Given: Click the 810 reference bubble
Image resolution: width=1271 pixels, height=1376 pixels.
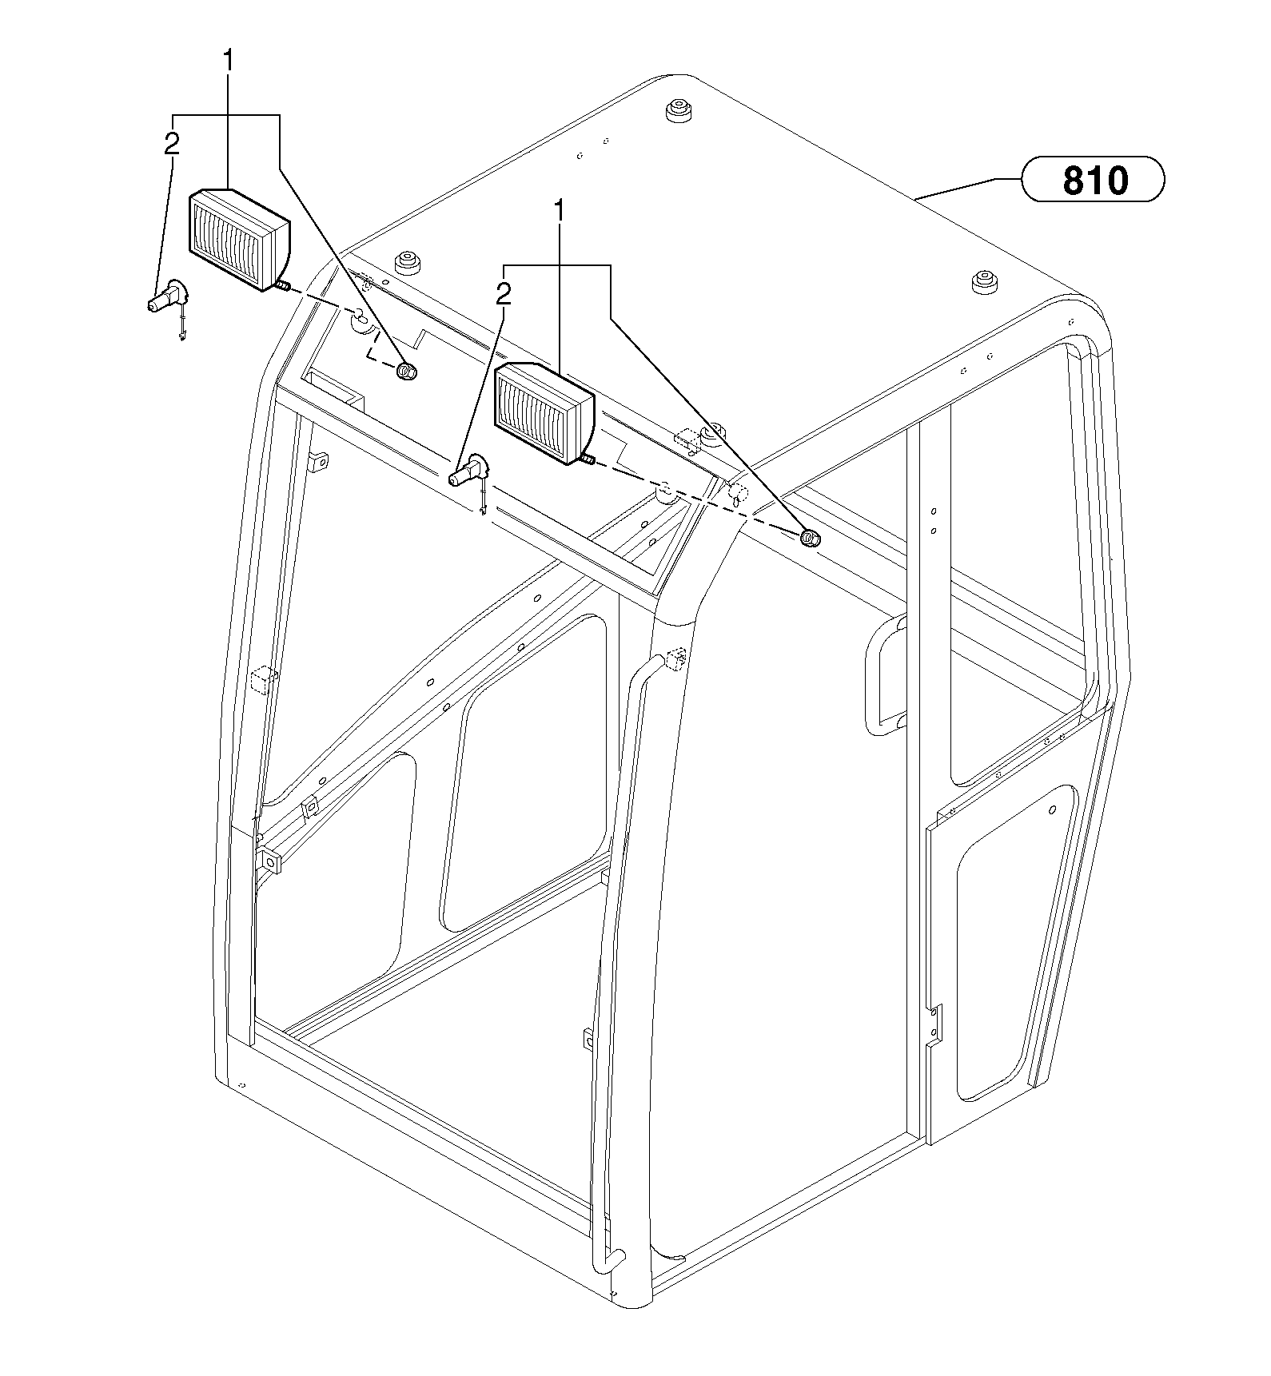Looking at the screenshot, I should pos(1093,179).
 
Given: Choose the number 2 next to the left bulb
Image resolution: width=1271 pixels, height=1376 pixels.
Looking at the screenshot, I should pos(171,144).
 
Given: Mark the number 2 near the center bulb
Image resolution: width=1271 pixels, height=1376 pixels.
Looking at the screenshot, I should pos(503,295).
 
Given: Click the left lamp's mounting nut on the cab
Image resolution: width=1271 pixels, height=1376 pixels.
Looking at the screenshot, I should pos(406,371).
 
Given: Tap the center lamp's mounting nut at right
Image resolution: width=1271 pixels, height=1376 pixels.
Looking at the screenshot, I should pos(809,538).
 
